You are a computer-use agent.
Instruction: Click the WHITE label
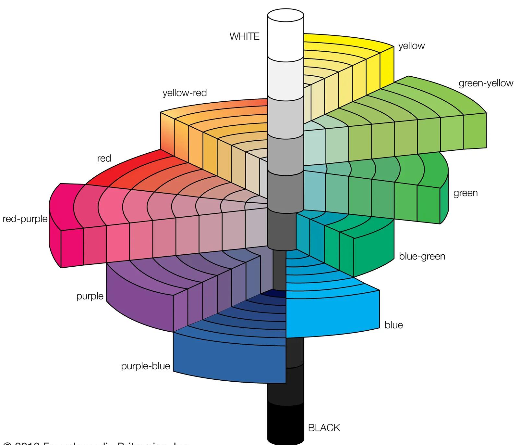click(x=245, y=36)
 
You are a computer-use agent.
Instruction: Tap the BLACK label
click(x=324, y=428)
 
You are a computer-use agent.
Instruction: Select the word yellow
click(x=411, y=46)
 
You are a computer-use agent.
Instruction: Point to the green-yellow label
click(x=486, y=83)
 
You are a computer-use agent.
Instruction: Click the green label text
click(x=465, y=193)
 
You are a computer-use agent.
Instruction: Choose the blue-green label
click(x=422, y=256)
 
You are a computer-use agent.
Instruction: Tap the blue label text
click(x=393, y=325)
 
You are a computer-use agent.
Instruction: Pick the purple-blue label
click(x=145, y=366)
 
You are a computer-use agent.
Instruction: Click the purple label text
click(x=90, y=296)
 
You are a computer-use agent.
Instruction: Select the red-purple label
click(x=25, y=219)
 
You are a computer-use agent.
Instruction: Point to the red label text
click(x=104, y=159)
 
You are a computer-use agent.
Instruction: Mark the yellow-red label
click(x=185, y=93)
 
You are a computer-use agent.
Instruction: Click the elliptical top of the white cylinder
click(x=285, y=15)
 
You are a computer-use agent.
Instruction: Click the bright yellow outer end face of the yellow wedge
click(x=387, y=65)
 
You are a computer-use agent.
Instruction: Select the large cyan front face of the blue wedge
click(x=332, y=313)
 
